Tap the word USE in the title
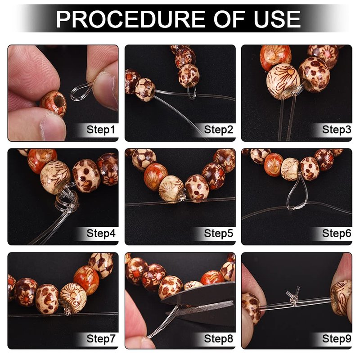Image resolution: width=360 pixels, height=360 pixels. coord(277,19)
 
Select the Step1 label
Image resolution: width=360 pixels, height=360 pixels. coord(100,130)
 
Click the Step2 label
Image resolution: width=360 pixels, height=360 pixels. coord(218,130)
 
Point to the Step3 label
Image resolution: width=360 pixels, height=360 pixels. coord(336,130)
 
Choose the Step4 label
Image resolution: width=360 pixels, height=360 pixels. coord(101,234)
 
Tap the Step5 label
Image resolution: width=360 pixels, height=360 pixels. coord(218,234)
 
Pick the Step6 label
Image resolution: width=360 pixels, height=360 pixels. coord(336,234)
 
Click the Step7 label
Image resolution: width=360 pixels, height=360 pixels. coord(101,339)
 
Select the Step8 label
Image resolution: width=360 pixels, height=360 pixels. coord(218,339)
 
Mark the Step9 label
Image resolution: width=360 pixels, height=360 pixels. coord(336,339)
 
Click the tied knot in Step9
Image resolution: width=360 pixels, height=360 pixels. coord(293,298)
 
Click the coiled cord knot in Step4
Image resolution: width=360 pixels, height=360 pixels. coord(67,200)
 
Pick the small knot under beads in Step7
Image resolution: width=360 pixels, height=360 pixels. coord(67,311)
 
